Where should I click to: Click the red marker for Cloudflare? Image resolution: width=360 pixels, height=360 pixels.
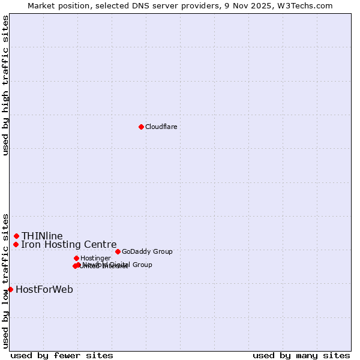tap(141, 127)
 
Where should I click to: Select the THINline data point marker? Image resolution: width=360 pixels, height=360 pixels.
tap(17, 236)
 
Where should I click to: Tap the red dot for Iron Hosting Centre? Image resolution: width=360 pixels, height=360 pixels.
tap(16, 244)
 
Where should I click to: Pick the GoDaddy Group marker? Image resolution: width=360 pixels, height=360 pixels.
tap(118, 251)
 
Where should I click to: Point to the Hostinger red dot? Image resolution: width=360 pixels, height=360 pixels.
tap(76, 258)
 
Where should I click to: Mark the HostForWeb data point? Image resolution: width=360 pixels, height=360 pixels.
tap(10, 289)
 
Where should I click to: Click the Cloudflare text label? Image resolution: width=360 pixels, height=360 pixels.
tap(161, 127)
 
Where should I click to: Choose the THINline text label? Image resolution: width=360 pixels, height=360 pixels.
tap(42, 236)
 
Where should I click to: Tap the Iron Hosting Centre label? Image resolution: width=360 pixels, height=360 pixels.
tap(68, 244)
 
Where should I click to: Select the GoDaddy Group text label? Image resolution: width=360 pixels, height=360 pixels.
tap(147, 251)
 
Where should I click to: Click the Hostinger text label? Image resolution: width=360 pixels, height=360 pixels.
tap(95, 258)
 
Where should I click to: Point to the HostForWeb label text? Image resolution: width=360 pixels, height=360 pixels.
tap(44, 289)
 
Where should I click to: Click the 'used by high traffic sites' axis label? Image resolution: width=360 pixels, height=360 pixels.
tap(5, 85)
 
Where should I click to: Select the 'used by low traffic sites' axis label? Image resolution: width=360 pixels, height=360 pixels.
tap(5, 280)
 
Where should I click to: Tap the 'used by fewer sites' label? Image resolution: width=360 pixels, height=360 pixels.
tap(62, 355)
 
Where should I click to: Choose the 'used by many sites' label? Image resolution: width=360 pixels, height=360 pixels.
tap(301, 355)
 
